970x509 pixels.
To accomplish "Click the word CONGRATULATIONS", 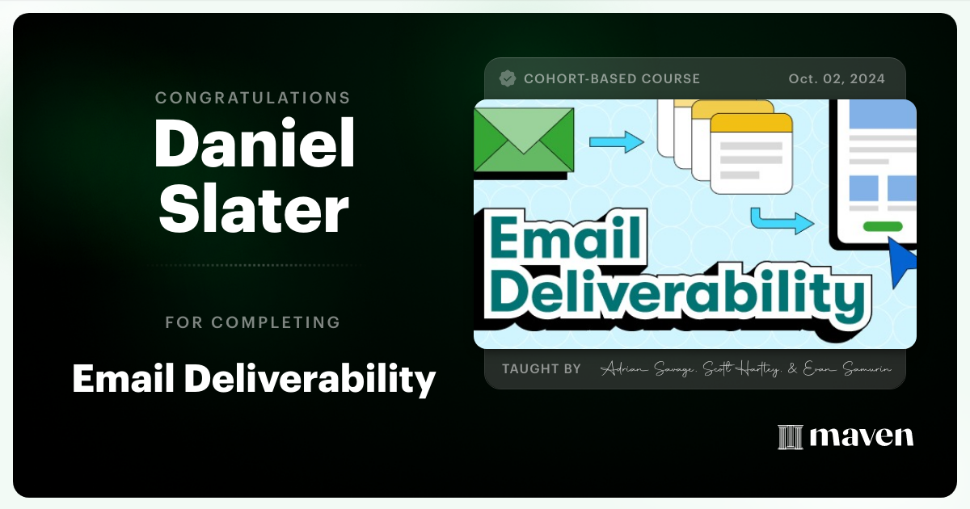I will [x=253, y=98].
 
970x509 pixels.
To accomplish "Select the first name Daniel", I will [x=254, y=145].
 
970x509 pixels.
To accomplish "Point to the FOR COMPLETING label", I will [x=253, y=322].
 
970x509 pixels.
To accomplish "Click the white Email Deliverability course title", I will [x=254, y=377].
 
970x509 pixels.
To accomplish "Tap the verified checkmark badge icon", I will [x=508, y=78].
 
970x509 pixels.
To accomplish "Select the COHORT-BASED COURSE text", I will [x=612, y=78].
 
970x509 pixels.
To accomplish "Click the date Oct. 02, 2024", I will [x=837, y=78].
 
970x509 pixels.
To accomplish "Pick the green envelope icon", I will [x=523, y=139].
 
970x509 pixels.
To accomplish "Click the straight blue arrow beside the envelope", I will [x=616, y=143].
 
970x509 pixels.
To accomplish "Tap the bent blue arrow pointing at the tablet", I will [x=781, y=220].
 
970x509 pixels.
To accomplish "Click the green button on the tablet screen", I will [x=883, y=226].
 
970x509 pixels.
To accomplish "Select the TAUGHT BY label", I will [x=542, y=368].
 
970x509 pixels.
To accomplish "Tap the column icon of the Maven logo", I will [x=790, y=436].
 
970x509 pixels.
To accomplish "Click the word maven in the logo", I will [x=862, y=436].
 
